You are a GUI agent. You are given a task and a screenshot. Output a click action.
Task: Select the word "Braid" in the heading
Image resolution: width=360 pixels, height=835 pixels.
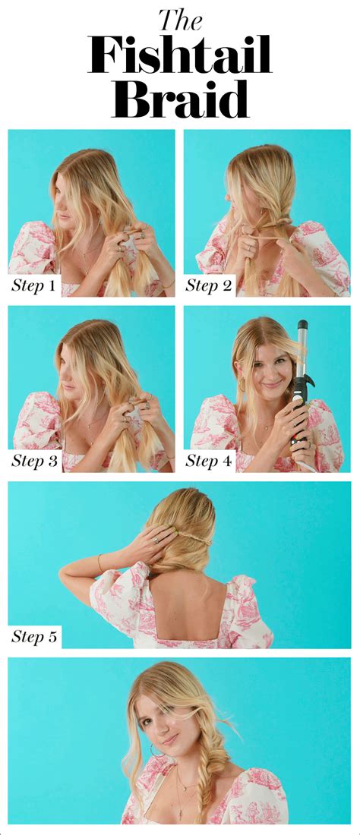[x=180, y=99]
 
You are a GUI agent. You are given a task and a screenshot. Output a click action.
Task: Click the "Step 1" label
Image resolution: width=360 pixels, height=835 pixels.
[x=33, y=286]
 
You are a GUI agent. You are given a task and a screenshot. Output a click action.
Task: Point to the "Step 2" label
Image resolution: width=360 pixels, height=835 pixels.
[x=210, y=286]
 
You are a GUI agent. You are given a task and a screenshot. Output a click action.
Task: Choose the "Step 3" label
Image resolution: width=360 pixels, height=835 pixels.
[x=33, y=461]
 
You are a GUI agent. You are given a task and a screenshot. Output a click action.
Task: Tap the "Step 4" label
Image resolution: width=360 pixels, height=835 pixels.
[x=210, y=461]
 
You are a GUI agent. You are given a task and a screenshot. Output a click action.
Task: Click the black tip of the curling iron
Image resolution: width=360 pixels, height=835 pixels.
[x=302, y=325]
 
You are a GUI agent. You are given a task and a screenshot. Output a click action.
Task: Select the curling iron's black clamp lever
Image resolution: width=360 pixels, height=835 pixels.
[x=298, y=391]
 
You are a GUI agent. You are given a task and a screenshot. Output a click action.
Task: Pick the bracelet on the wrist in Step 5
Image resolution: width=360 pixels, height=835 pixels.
[x=99, y=563]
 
